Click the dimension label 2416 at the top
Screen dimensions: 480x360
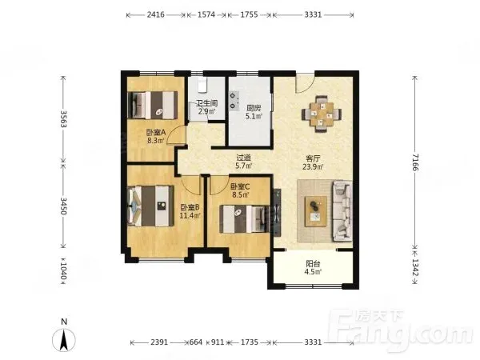pyautogui.click(x=155, y=14)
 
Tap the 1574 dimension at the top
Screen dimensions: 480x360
pyautogui.click(x=206, y=14)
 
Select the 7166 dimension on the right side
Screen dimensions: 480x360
pyautogui.click(x=414, y=162)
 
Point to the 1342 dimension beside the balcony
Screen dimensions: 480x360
pyautogui.click(x=414, y=267)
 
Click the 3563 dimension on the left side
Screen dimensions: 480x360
pyautogui.click(x=63, y=118)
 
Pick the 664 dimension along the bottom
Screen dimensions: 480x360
pyautogui.click(x=196, y=342)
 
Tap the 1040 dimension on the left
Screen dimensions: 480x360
pyautogui.click(x=63, y=271)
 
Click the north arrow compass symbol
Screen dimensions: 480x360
pyautogui.click(x=64, y=339)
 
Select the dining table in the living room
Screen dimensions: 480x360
pyautogui.click(x=321, y=114)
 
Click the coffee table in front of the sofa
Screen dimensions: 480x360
pyautogui.click(x=316, y=211)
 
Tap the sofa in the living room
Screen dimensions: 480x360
pyautogui.click(x=342, y=211)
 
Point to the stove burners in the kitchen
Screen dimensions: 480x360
pyautogui.click(x=234, y=101)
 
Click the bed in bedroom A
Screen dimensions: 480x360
pyautogui.click(x=153, y=105)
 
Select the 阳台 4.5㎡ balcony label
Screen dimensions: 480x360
pyautogui.click(x=313, y=267)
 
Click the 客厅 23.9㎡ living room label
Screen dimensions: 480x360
pyautogui.click(x=313, y=162)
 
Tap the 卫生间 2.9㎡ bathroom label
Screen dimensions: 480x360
pyautogui.click(x=207, y=107)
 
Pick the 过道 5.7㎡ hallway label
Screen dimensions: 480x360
pyautogui.click(x=243, y=162)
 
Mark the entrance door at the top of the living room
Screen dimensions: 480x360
pyautogui.click(x=305, y=82)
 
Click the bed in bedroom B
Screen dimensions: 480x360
pyautogui.click(x=150, y=206)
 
